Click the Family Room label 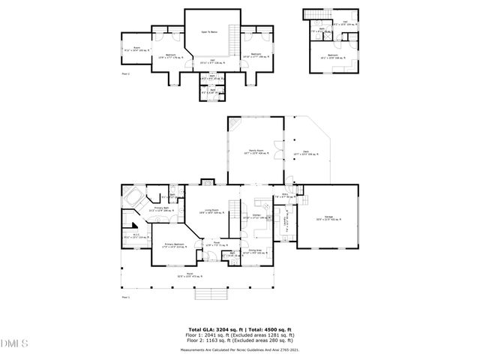click(x=256, y=151)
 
